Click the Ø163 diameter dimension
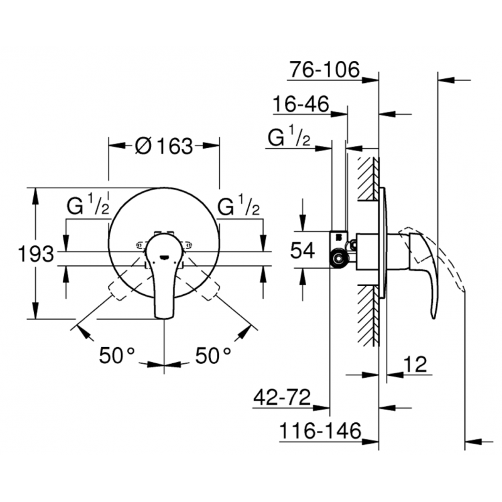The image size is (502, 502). (164, 146)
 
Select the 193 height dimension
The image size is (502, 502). (35, 255)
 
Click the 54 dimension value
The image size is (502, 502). (303, 251)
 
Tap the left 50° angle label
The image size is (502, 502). (117, 356)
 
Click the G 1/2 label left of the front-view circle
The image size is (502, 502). (88, 208)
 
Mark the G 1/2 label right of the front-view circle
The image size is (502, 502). (238, 208)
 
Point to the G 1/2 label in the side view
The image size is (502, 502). (289, 137)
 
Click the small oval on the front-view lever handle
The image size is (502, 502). (163, 256)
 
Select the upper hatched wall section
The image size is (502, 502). (366, 179)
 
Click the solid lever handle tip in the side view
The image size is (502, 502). (433, 314)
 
